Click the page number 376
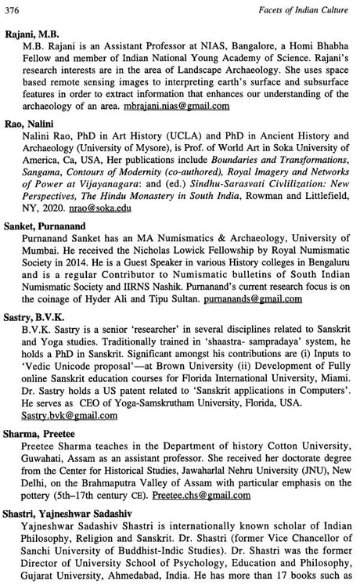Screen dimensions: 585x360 (x=12, y=8)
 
